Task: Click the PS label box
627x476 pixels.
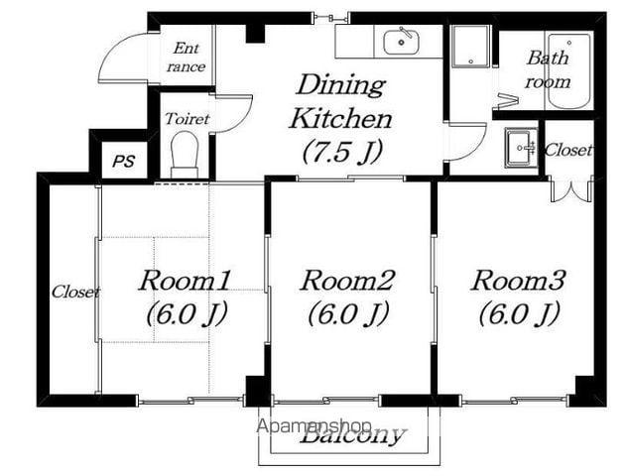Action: click(124, 160)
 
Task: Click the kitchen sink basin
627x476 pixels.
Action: click(401, 43)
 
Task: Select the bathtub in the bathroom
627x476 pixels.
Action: click(569, 71)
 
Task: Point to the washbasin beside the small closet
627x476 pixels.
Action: click(521, 148)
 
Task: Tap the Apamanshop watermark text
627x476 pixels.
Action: click(314, 426)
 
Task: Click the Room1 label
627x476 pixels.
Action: click(185, 281)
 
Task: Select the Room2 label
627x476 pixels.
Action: click(347, 281)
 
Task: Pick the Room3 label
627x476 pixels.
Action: click(518, 281)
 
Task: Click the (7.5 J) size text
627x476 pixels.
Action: click(342, 152)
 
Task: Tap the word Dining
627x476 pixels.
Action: click(340, 84)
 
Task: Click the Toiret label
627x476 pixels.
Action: click(188, 119)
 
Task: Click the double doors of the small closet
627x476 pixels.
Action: click(570, 189)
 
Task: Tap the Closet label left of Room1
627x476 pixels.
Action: click(75, 292)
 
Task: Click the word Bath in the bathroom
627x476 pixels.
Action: click(548, 58)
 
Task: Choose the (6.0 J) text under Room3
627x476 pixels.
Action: click(519, 313)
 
